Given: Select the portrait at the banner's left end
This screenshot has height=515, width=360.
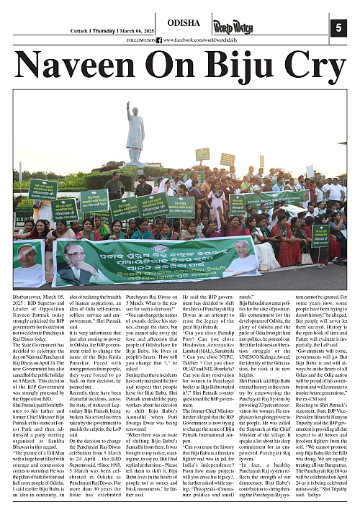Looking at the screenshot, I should (x=29, y=263).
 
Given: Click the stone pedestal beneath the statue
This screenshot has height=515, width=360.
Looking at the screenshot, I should (x=135, y=169).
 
